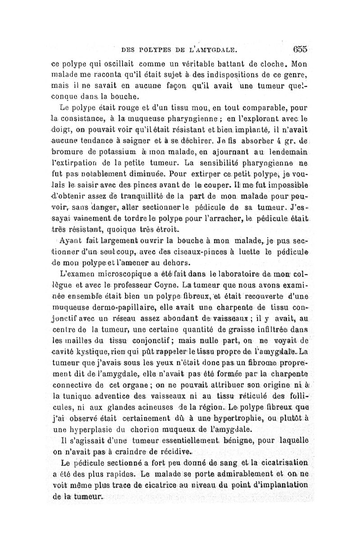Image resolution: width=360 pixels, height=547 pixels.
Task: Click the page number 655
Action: [x=299, y=49]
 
